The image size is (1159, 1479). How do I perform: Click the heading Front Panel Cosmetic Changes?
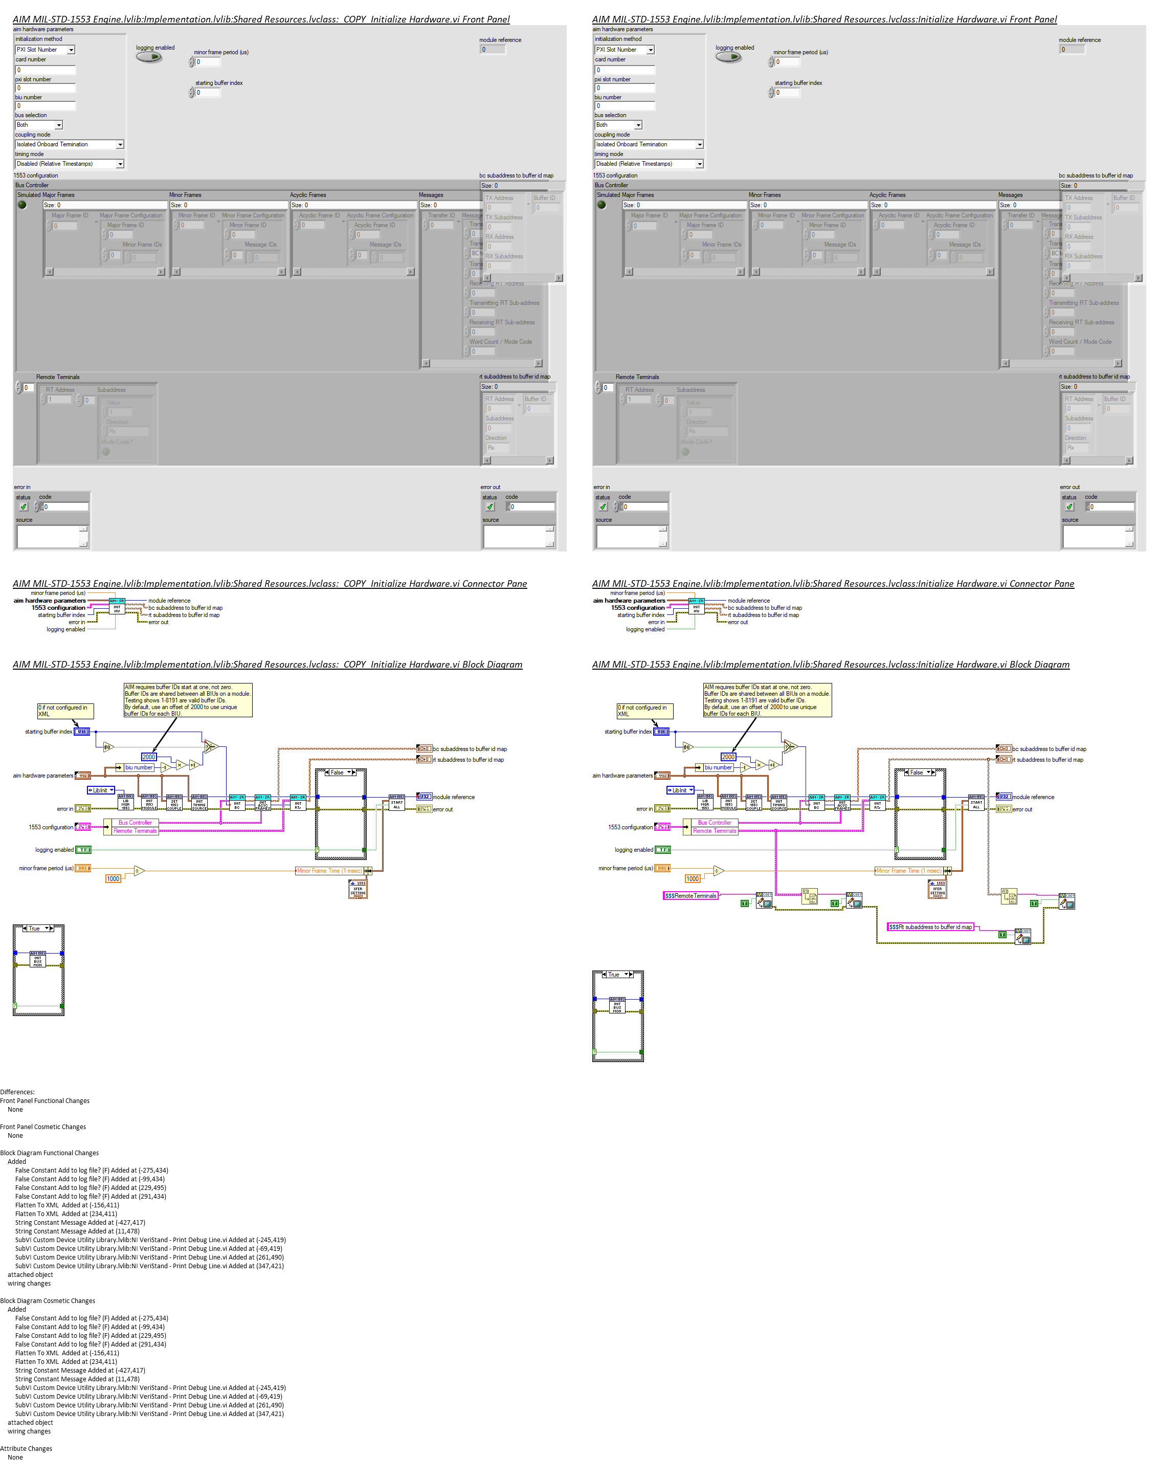[x=43, y=1127]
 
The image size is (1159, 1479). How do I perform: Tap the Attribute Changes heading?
[x=26, y=1448]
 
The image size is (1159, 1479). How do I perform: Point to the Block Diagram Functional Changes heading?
[x=50, y=1153]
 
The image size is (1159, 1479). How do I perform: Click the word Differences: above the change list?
[x=17, y=1092]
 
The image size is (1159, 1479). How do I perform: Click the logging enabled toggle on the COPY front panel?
[x=149, y=57]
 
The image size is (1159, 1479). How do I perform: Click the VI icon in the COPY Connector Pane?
[x=117, y=606]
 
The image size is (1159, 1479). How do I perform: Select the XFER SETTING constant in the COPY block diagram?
[x=358, y=889]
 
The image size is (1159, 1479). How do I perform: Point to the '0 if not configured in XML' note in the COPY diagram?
[x=65, y=711]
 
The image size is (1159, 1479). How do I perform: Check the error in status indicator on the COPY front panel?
[x=24, y=507]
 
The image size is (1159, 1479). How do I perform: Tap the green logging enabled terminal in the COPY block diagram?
[x=83, y=850]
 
